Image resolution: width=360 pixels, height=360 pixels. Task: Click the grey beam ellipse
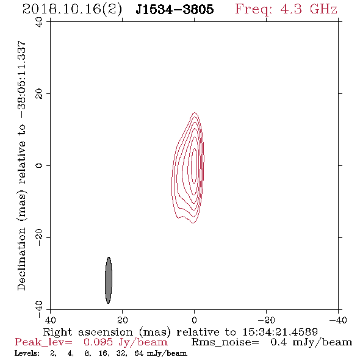pyautogui.click(x=109, y=280)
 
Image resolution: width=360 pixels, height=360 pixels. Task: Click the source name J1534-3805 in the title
pyautogui.click(x=175, y=9)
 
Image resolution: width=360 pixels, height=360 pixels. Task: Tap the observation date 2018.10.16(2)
pyautogui.click(x=72, y=9)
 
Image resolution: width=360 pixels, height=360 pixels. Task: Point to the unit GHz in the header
pyautogui.click(x=323, y=9)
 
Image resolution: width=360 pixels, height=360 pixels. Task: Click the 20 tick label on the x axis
pyautogui.click(x=123, y=320)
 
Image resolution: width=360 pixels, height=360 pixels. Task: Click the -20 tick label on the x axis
pyautogui.click(x=266, y=320)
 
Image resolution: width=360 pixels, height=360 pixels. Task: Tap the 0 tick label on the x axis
pyautogui.click(x=195, y=320)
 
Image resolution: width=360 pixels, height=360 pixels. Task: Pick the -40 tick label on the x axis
pyautogui.click(x=338, y=320)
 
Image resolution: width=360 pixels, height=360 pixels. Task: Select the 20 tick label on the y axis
pyautogui.click(x=39, y=94)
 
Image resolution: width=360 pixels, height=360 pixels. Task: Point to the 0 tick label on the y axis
pyautogui.click(x=39, y=165)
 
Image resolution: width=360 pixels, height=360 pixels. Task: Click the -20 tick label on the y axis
pyautogui.click(x=39, y=237)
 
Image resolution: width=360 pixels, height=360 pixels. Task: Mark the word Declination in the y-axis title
pyautogui.click(x=21, y=259)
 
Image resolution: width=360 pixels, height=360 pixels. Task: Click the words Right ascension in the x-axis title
pyautogui.click(x=88, y=332)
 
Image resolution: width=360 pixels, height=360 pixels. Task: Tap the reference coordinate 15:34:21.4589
pyautogui.click(x=280, y=332)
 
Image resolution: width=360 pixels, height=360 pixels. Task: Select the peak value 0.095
pyautogui.click(x=98, y=342)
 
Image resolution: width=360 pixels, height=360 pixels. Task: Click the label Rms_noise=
pyautogui.click(x=225, y=342)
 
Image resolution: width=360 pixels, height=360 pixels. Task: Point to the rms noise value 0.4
pyautogui.click(x=279, y=342)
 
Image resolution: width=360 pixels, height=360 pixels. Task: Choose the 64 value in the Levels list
pyautogui.click(x=139, y=353)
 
